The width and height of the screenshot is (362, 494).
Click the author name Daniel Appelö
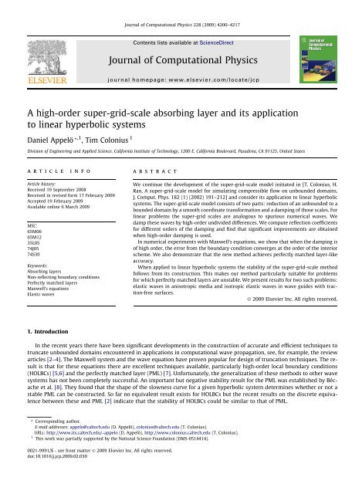(49, 130)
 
